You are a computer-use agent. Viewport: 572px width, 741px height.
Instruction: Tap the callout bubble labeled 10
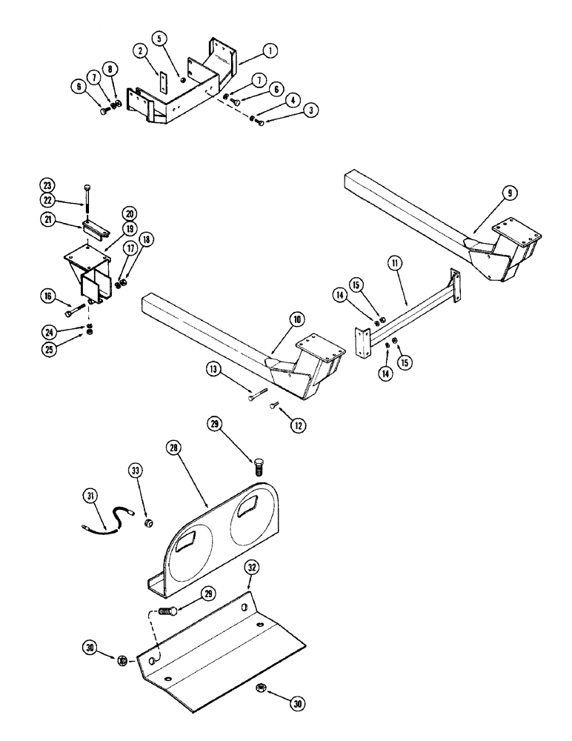point(296,319)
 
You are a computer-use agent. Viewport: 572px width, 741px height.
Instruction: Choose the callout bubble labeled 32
point(253,569)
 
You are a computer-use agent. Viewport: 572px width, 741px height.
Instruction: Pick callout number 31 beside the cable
point(92,495)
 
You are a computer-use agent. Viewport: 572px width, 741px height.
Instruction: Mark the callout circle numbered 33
point(138,471)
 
